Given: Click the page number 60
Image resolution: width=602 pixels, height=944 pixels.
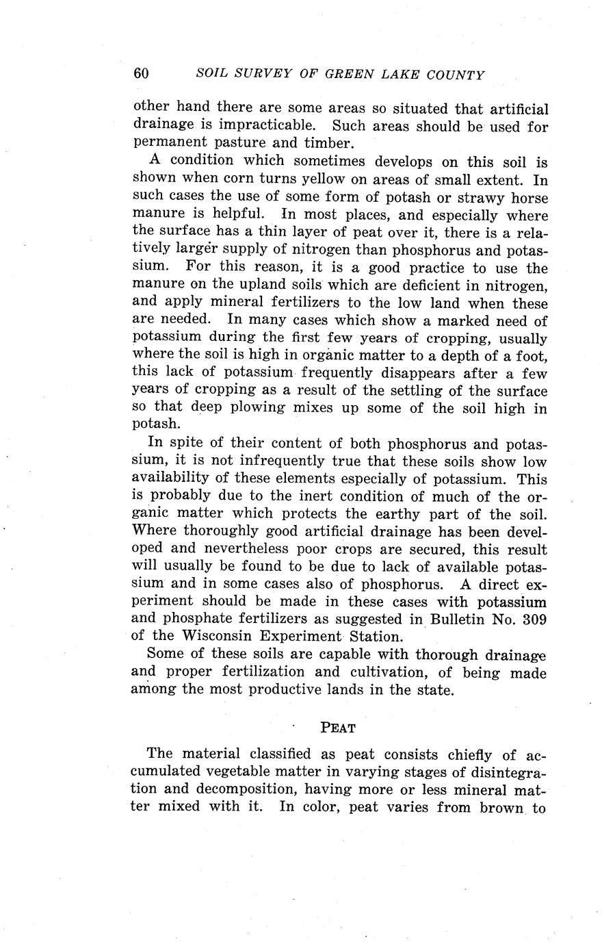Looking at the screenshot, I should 141,74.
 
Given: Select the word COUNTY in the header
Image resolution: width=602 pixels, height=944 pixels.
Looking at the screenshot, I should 454,75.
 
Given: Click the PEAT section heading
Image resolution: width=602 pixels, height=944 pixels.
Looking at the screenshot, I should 338,727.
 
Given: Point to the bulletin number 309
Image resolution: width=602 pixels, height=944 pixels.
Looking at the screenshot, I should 533,620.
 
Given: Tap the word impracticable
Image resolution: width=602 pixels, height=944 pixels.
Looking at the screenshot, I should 259,127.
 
